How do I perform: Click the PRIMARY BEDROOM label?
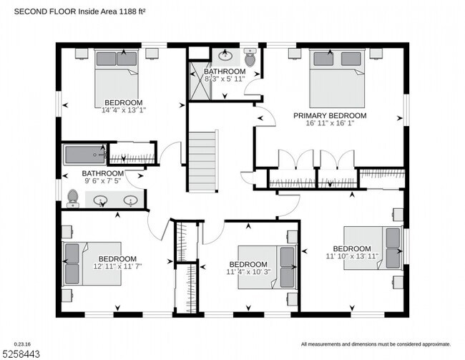[330, 115]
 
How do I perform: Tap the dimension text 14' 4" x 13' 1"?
[124, 110]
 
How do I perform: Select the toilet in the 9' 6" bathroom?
[72, 197]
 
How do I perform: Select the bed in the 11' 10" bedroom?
[371, 248]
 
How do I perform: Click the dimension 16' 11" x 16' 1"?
[330, 124]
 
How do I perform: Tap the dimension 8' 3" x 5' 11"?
[225, 79]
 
